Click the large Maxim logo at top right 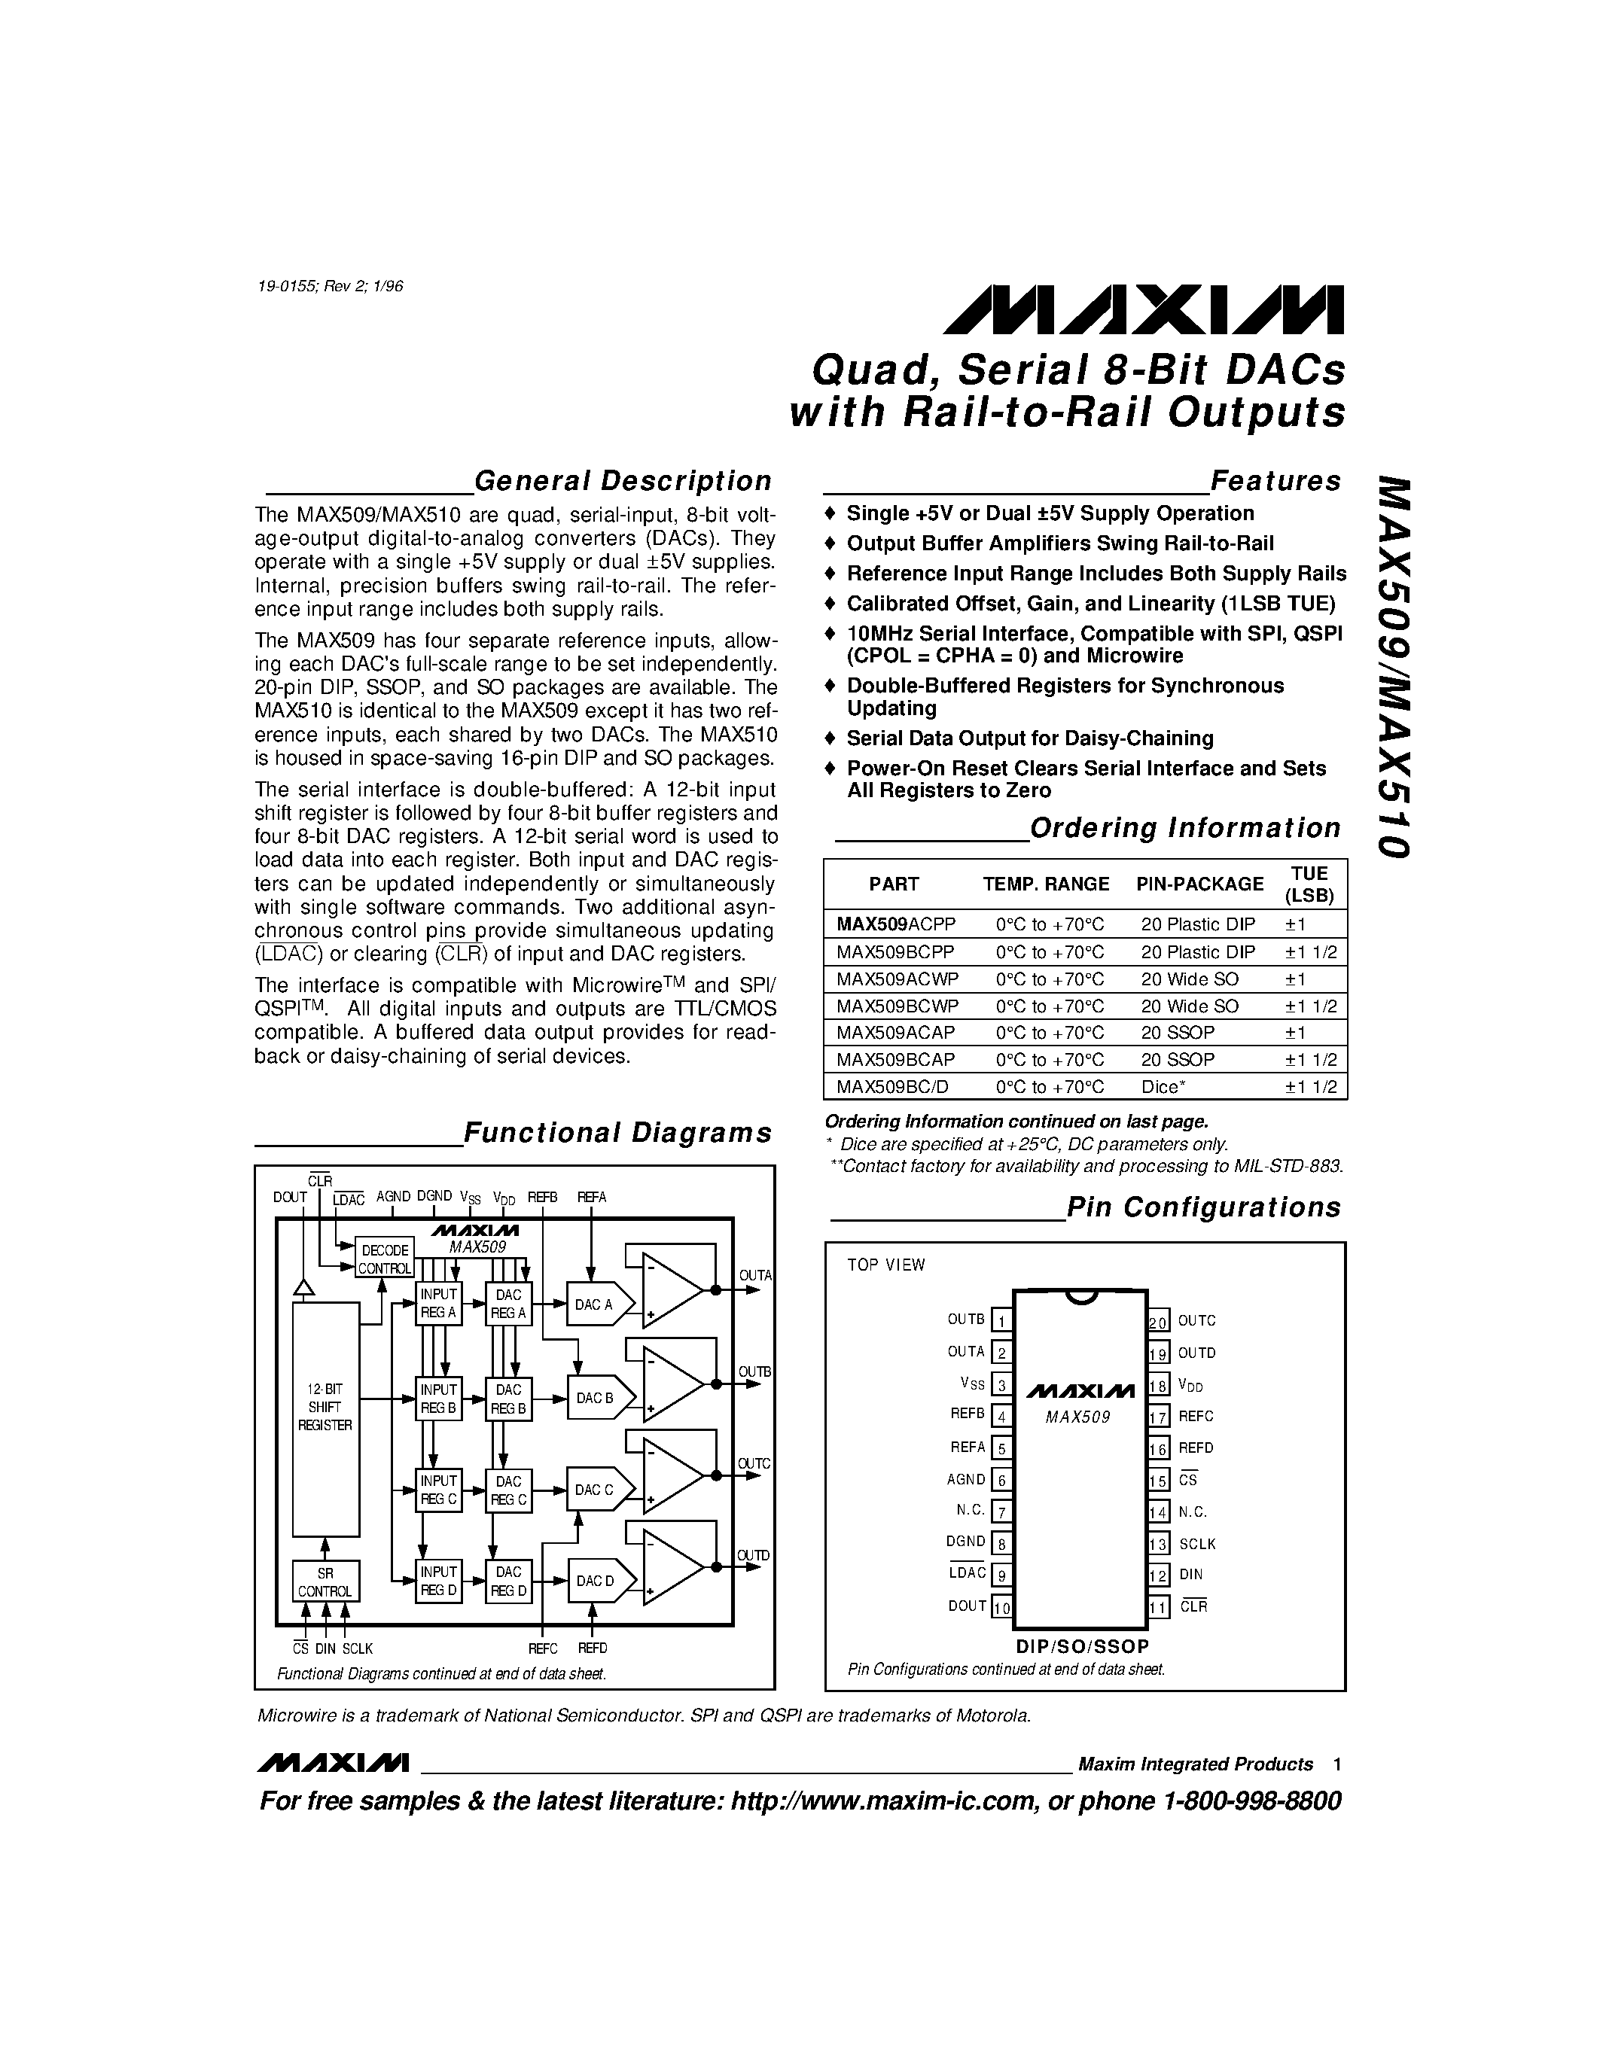(1142, 310)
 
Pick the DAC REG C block (508, 1490)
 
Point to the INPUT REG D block (438, 1581)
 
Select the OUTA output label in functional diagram (754, 1276)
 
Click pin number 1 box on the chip (1001, 1320)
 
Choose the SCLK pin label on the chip (1197, 1544)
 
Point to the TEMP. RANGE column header (1046, 884)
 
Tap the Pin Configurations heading (1203, 1207)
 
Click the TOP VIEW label (885, 1265)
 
